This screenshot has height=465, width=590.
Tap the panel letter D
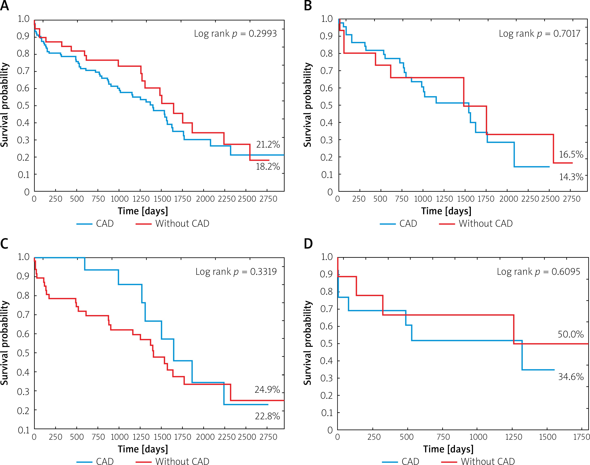(x=308, y=244)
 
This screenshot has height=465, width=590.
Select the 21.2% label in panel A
(x=268, y=145)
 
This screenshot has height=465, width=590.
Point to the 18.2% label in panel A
(x=268, y=167)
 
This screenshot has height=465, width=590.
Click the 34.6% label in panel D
(x=571, y=377)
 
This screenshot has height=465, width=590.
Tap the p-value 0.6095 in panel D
(x=566, y=272)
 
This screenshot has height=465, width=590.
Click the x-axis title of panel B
(x=446, y=211)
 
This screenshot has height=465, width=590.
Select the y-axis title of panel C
(x=5, y=343)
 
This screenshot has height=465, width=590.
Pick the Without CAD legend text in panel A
(x=182, y=223)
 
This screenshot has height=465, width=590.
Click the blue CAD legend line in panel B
(x=387, y=224)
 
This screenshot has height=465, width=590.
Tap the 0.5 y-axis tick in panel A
(x=23, y=106)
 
